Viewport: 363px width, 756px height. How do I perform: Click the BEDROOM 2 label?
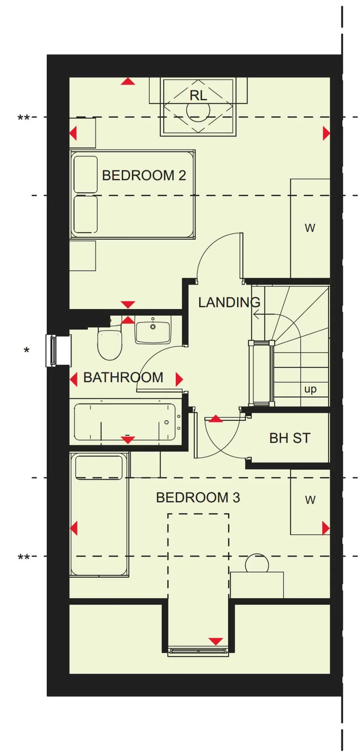tap(144, 175)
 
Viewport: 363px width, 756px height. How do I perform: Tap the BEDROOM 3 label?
tap(198, 497)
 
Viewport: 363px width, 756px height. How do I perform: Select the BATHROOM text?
tap(123, 377)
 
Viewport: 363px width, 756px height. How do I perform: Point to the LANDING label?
tap(229, 302)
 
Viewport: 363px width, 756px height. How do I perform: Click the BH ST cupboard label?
tap(290, 438)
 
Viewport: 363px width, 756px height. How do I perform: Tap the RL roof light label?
tap(198, 96)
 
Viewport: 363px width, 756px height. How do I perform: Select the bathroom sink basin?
tap(153, 329)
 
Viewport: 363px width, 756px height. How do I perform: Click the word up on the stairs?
tap(310, 389)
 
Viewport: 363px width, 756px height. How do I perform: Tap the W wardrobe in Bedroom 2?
tap(310, 228)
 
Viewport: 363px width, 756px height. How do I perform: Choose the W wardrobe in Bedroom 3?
tap(310, 502)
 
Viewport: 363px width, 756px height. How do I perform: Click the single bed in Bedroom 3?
tap(99, 515)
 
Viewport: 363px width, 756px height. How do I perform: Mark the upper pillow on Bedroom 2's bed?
tap(86, 174)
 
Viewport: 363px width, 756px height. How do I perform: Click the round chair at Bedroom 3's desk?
tap(257, 563)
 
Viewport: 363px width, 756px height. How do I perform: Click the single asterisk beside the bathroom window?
tap(27, 351)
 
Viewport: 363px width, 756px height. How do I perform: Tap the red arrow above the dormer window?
tap(216, 641)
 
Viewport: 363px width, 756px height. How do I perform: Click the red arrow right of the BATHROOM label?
tap(179, 379)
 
